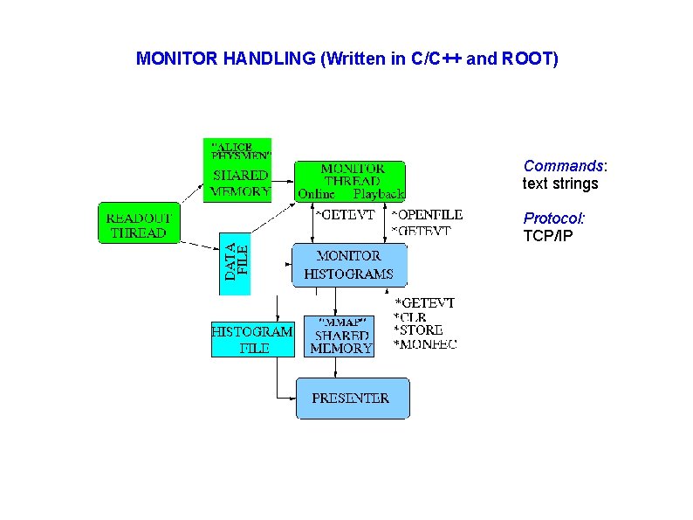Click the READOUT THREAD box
tap(138, 224)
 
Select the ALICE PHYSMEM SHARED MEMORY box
tap(237, 170)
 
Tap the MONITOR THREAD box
tap(351, 180)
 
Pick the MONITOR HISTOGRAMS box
tap(348, 265)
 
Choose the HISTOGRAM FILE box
tap(252, 339)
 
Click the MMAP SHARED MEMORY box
tap(340, 336)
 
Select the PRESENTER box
tap(352, 399)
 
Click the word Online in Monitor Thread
tap(316, 193)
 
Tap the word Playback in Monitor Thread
tap(378, 193)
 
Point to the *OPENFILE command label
tap(427, 215)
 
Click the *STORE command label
tap(418, 330)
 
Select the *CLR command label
tap(409, 316)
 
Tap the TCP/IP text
tap(547, 236)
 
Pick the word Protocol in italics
tap(553, 218)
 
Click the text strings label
tap(560, 184)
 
